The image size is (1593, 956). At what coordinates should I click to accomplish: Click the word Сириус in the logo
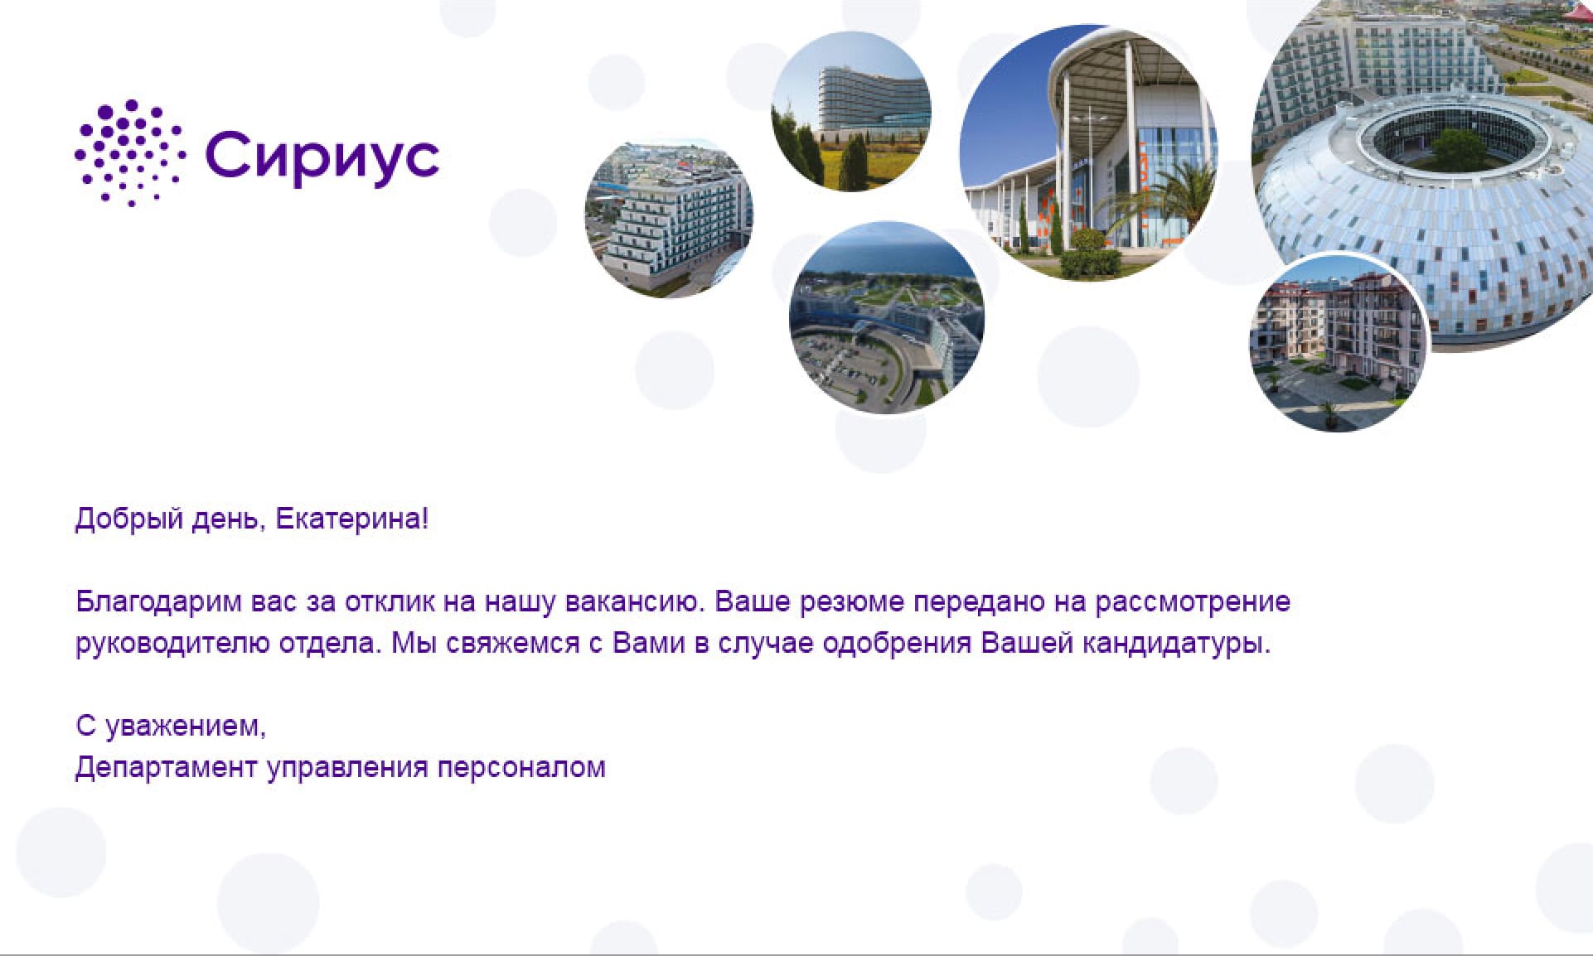322,156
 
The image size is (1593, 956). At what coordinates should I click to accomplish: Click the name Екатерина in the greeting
352,519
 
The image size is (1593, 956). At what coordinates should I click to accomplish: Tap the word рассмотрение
1193,602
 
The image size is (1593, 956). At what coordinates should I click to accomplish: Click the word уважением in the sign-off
186,727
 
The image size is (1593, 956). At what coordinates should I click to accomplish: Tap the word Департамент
166,768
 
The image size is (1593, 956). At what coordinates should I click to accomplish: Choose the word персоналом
521,768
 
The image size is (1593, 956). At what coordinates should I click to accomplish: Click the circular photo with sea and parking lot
887,317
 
